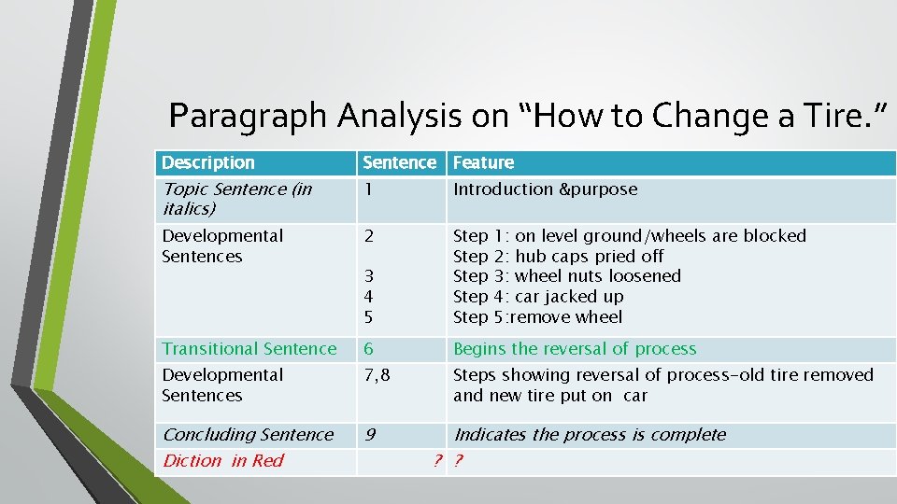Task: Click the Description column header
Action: tap(207, 162)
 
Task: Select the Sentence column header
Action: tap(399, 162)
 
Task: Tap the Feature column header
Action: tap(483, 162)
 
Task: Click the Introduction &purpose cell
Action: tap(545, 189)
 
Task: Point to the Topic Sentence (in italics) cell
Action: tap(236, 199)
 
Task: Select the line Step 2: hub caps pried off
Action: tap(558, 256)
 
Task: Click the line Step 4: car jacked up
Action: tap(538, 297)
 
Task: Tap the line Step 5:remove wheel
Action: tap(537, 317)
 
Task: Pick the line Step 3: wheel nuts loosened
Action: tap(566, 276)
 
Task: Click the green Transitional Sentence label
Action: tap(249, 349)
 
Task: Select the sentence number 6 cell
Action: tap(369, 349)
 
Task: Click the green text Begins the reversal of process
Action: tap(575, 349)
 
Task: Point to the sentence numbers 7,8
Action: tap(377, 375)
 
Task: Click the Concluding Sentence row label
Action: tap(248, 435)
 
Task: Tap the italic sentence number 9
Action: tap(369, 435)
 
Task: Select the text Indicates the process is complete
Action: tap(590, 435)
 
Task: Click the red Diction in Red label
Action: tap(222, 461)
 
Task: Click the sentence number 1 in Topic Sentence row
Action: tap(368, 189)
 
